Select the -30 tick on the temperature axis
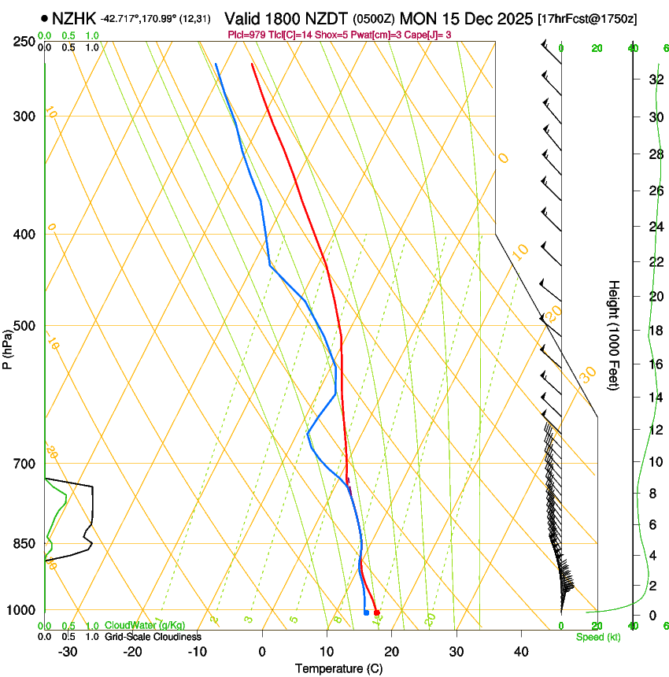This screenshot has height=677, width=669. [68, 652]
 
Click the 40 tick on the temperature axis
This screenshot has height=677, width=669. [520, 652]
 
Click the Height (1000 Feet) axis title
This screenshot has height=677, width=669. [615, 335]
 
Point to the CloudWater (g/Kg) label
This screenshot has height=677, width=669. [145, 625]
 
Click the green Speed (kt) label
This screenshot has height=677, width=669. [597, 637]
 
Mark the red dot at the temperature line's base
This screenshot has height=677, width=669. [377, 612]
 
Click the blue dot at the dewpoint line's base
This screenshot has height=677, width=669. [366, 612]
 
